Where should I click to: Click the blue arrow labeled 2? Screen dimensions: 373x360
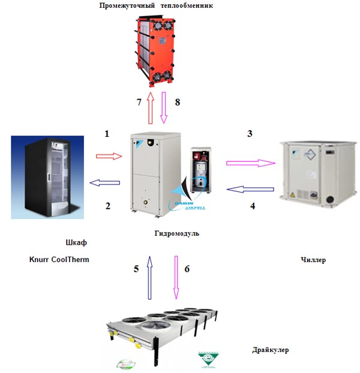(x=104, y=183)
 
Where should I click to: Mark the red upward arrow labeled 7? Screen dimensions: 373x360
(x=151, y=104)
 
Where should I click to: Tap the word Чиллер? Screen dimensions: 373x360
(x=313, y=260)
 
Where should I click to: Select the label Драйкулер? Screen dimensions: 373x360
(x=271, y=350)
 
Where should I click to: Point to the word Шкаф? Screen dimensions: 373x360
(x=77, y=243)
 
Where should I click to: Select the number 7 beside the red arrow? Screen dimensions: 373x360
(x=139, y=102)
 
